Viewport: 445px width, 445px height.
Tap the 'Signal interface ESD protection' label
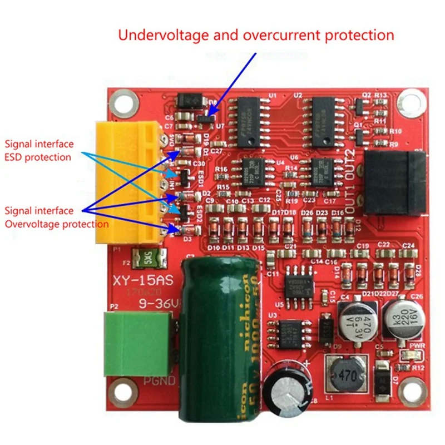pyautogui.click(x=39, y=150)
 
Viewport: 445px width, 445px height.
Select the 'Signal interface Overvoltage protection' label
pyautogui.click(x=56, y=217)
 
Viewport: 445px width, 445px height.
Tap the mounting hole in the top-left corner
pyautogui.click(x=124, y=103)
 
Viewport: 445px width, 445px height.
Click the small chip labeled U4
pyautogui.click(x=248, y=172)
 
